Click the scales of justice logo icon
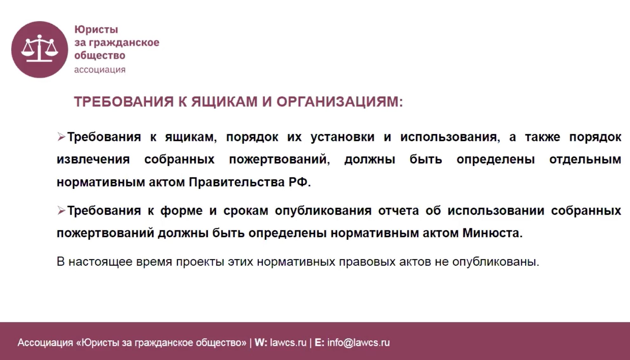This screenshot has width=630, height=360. point(40,49)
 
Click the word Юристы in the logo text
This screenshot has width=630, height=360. point(96,30)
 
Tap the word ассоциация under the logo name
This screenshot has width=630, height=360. point(100,70)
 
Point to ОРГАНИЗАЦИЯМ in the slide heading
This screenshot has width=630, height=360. point(340,102)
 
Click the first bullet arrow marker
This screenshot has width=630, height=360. point(61,137)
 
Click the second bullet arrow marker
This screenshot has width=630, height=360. point(61,210)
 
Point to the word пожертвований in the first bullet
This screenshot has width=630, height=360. point(279,160)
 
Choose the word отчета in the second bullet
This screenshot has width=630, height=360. point(398,211)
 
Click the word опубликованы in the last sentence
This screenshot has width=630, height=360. point(496,262)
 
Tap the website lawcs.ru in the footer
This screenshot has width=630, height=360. point(288,343)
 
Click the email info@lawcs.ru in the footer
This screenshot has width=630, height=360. point(358,343)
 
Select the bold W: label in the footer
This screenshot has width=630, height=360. point(261,343)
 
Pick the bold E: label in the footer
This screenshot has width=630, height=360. point(319,343)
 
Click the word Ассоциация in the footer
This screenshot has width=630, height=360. point(45,343)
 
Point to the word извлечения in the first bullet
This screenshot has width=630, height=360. point(93,160)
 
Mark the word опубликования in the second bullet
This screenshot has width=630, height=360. point(323,211)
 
